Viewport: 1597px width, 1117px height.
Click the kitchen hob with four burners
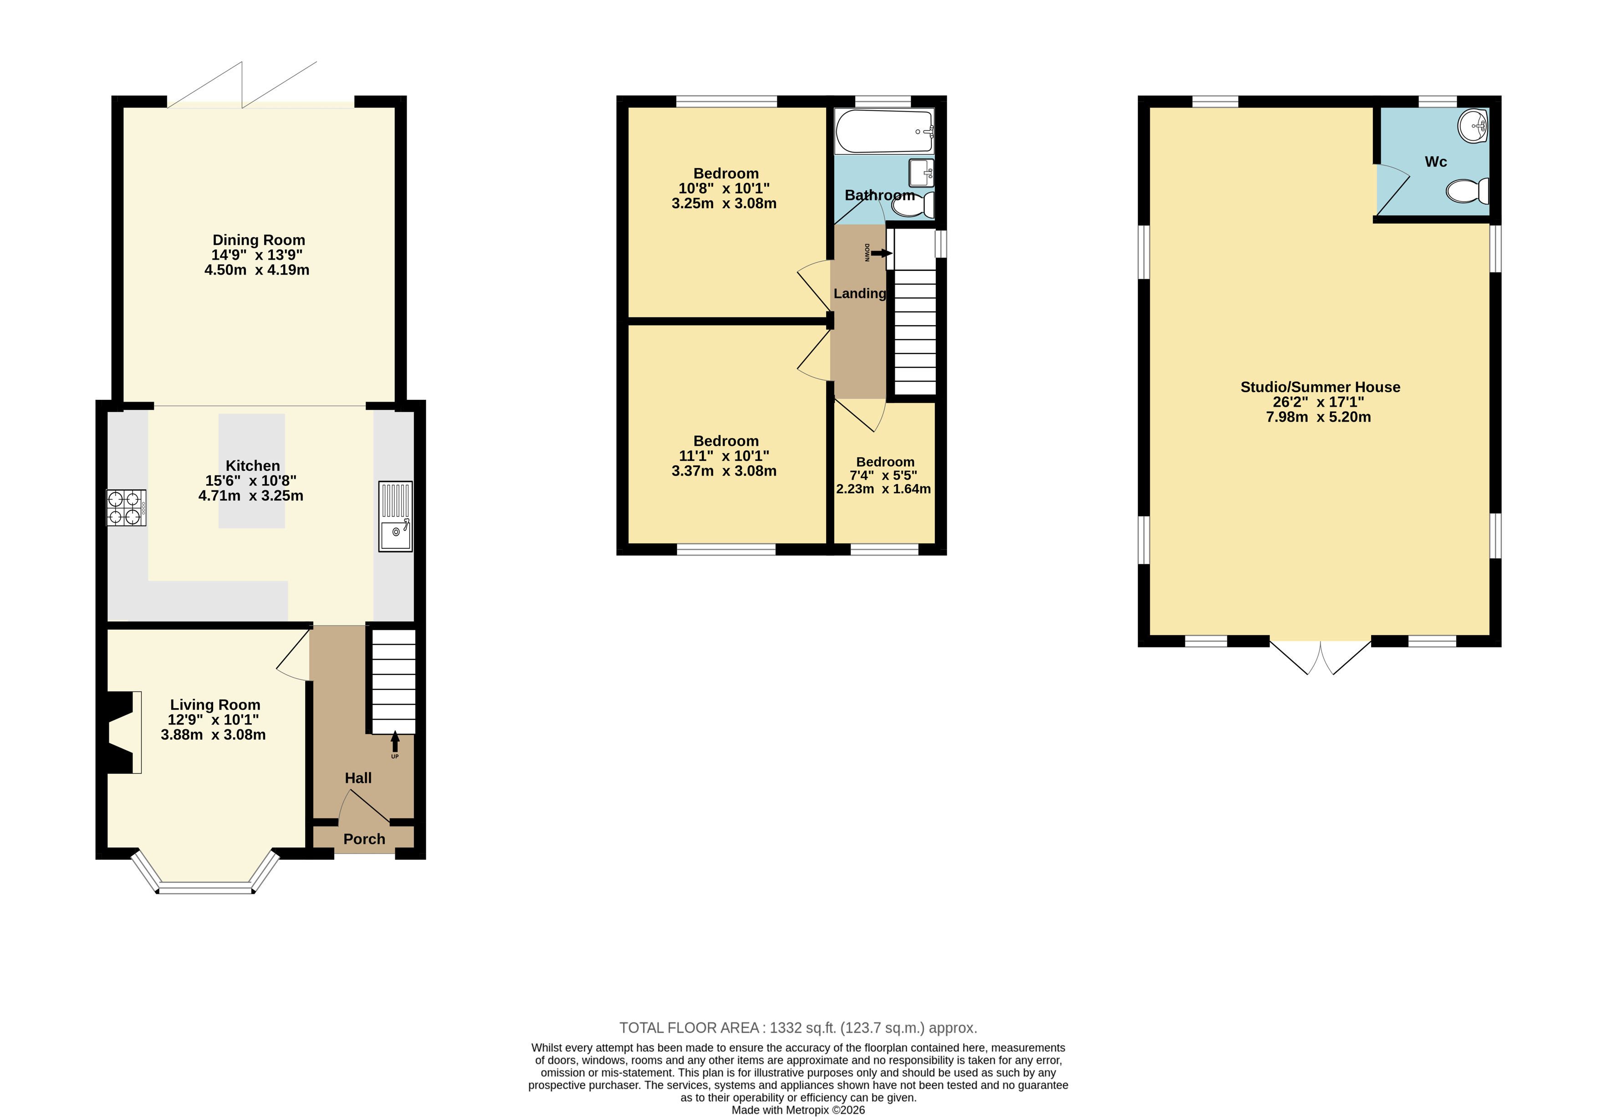[126, 508]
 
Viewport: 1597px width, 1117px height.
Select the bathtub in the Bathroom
[884, 132]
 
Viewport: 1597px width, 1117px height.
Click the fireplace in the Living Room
[122, 732]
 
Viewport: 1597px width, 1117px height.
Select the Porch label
[364, 839]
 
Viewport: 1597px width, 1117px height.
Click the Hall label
[358, 778]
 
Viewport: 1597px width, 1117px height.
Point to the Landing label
[860, 294]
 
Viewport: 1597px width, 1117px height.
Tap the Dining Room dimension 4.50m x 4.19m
[257, 270]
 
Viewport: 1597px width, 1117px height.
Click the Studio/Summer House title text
[1320, 387]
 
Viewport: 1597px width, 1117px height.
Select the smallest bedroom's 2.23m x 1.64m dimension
[883, 489]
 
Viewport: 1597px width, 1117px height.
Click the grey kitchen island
[252, 471]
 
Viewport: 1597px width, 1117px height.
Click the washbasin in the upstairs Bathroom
[922, 173]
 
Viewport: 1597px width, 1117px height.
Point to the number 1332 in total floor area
[785, 1028]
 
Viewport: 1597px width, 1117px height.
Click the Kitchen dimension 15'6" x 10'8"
[250, 480]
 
